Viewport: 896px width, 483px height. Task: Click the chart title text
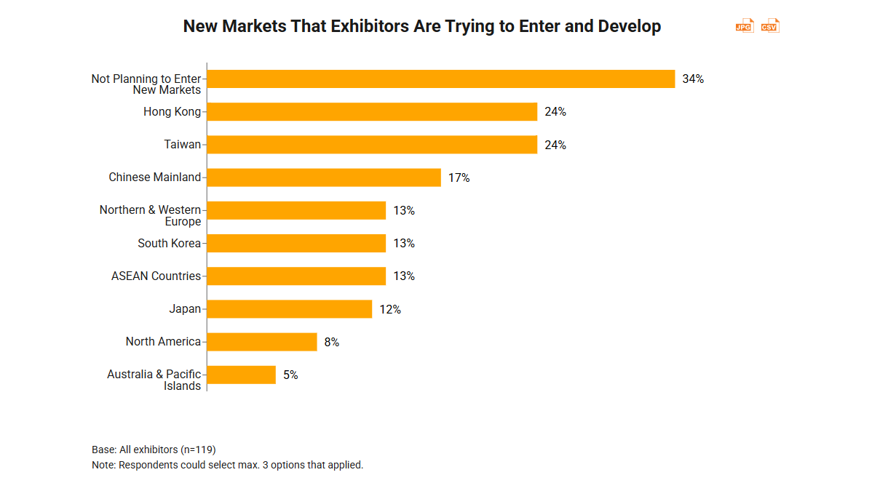(421, 27)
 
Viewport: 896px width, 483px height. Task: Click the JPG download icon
(744, 26)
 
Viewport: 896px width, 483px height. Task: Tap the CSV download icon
(770, 26)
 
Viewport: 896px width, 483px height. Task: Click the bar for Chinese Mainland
(324, 177)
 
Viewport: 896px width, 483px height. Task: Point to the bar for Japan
(290, 309)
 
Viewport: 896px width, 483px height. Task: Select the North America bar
(262, 342)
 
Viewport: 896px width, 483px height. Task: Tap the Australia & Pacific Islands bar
(242, 375)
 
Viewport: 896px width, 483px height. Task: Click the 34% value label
(693, 79)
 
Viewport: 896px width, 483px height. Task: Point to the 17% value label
(459, 177)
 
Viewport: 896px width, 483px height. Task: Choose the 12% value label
(390, 309)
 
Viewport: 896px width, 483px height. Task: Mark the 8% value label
(332, 342)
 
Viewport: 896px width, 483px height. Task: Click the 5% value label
(290, 375)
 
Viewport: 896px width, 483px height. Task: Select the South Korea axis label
(169, 243)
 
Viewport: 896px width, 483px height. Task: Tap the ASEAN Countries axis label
(156, 276)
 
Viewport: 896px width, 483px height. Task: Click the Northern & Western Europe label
(150, 215)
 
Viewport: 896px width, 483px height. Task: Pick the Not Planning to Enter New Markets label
(146, 84)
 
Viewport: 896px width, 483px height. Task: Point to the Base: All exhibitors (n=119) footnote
(154, 450)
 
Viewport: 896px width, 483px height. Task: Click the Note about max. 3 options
(227, 465)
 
